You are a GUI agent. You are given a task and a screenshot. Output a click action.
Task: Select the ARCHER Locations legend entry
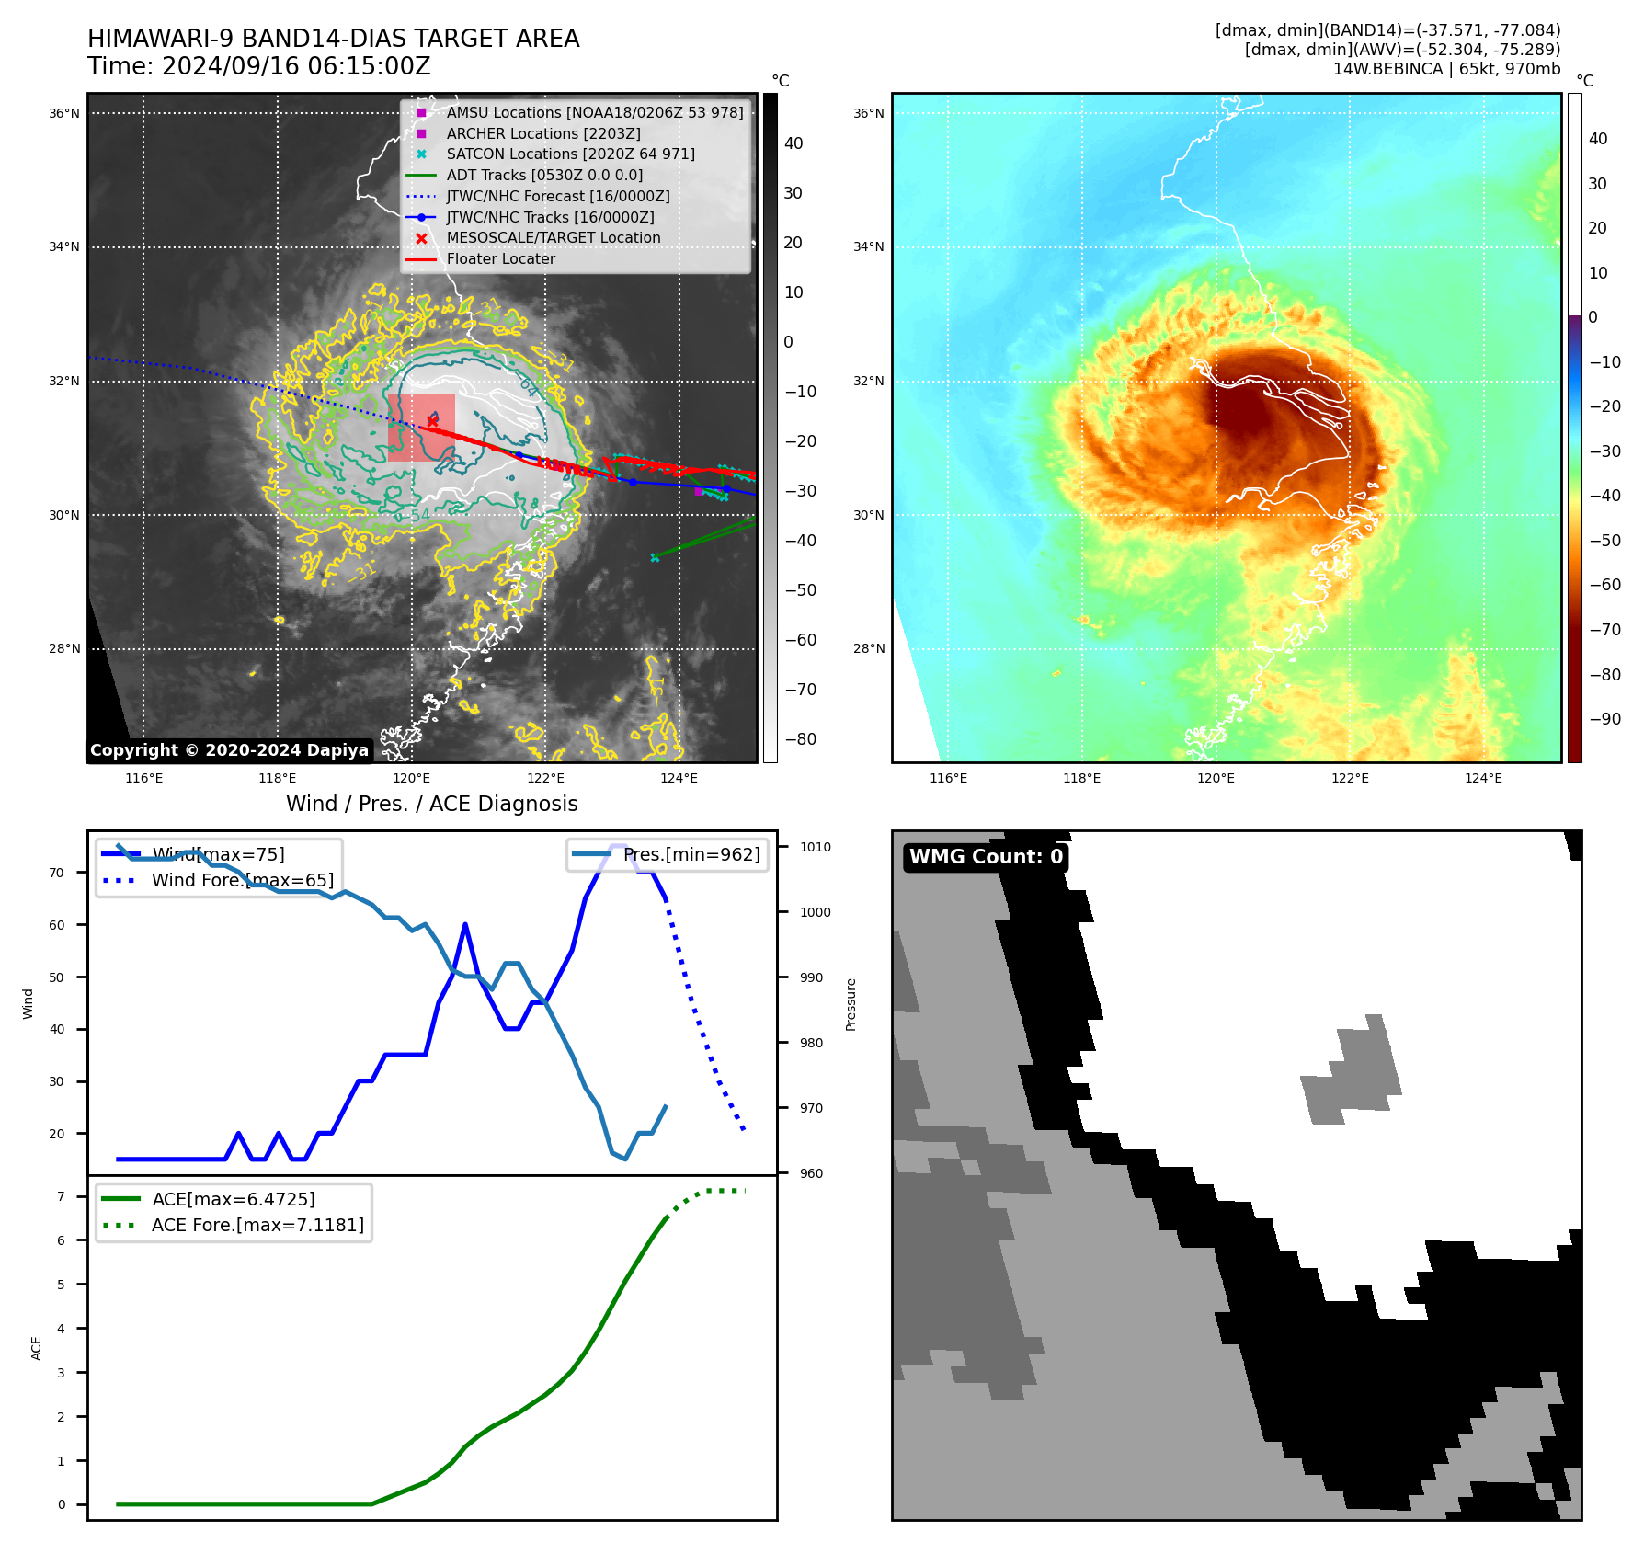[543, 133]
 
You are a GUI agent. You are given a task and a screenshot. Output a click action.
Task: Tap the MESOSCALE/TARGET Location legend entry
[553, 237]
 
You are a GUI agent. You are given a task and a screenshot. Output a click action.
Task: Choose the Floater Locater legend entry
[500, 258]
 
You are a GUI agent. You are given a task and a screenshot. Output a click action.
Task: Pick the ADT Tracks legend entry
[544, 175]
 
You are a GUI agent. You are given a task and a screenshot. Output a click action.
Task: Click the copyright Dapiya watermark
[229, 750]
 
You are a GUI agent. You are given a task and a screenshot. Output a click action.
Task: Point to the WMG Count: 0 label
[986, 857]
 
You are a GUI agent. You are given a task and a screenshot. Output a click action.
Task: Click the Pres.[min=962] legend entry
[691, 854]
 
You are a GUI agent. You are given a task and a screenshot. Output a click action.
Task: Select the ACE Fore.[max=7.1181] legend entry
[257, 1225]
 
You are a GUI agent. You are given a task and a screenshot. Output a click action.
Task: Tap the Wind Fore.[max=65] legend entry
[243, 880]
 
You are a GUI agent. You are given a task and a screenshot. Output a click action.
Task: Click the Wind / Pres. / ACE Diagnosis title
[431, 804]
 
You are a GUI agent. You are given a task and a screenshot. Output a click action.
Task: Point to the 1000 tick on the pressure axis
[815, 912]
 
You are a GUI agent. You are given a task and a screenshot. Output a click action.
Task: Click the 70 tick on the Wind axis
[57, 873]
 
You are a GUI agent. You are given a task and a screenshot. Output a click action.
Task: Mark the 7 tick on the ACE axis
[61, 1196]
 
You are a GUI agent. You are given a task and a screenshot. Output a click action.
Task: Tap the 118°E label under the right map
[1081, 778]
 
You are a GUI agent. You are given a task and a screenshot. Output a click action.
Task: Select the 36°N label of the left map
[63, 113]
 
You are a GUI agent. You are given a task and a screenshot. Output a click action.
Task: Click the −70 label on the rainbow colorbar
[1604, 630]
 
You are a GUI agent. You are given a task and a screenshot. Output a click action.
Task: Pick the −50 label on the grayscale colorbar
[800, 590]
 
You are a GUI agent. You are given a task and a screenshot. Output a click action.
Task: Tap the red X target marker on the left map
[432, 421]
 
